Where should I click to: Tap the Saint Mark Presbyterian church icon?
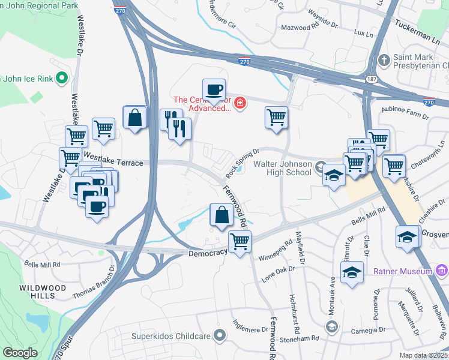tap(384, 61)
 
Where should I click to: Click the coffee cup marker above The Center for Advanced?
tap(214, 90)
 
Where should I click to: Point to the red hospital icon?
tap(240, 104)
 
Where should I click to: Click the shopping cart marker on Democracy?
tap(240, 242)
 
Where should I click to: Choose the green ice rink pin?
tap(61, 78)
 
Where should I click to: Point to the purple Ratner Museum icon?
tap(442, 271)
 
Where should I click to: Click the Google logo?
tap(20, 353)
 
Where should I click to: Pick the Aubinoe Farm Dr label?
tap(403, 110)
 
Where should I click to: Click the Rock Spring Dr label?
tap(242, 163)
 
